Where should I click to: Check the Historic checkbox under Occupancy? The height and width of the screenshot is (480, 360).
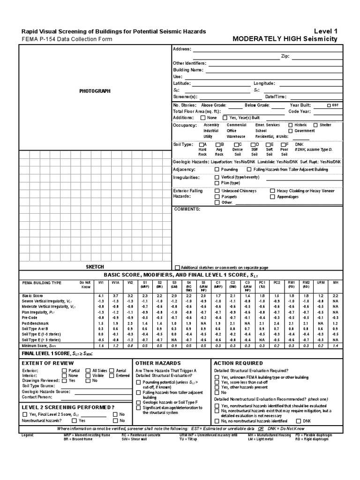pos(291,125)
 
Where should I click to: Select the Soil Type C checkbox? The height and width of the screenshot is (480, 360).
pos(234,144)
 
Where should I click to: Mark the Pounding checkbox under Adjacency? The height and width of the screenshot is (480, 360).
pos(217,169)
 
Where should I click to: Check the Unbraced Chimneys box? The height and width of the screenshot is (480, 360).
pos(217,191)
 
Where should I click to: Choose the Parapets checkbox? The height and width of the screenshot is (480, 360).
pos(217,197)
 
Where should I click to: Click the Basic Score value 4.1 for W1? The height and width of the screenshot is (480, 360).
pos(101,296)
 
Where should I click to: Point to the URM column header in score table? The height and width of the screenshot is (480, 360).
pos(320,283)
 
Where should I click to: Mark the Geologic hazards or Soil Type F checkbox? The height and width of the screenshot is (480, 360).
pos(138,403)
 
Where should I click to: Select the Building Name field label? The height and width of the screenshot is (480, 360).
pos(188,69)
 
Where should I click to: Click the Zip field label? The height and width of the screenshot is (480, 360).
pos(285,56)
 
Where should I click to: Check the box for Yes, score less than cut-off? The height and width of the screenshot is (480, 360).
pos(217,382)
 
